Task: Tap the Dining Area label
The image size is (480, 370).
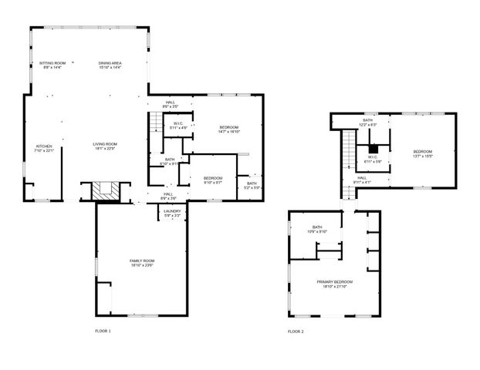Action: tap(110, 65)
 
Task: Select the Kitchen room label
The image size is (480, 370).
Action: tap(45, 148)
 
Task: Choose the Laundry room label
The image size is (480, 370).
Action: tap(172, 213)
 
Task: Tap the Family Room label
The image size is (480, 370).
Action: tap(142, 263)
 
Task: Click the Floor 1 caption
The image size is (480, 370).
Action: tap(103, 331)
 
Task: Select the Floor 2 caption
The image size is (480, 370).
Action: tap(296, 331)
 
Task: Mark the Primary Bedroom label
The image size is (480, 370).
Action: tap(335, 284)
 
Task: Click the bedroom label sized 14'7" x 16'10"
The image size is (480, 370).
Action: tap(228, 129)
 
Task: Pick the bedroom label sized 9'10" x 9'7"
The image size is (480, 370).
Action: tap(212, 180)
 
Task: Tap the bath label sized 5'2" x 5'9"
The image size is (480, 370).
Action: tap(252, 185)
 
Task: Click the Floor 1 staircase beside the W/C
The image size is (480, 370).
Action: tap(157, 122)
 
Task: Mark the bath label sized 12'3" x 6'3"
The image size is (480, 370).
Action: tap(369, 123)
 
